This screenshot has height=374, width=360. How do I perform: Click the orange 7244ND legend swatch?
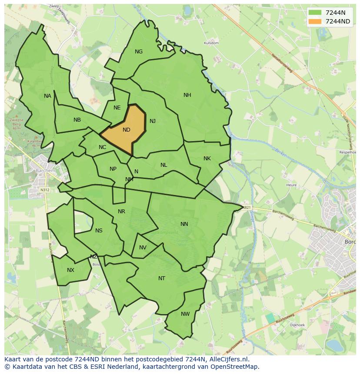pyautogui.click(x=315, y=21)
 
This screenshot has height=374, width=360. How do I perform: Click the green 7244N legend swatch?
pyautogui.click(x=315, y=13)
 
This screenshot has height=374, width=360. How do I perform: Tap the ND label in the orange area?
pyautogui.click(x=127, y=130)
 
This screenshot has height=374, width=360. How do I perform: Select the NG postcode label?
pyautogui.click(x=139, y=52)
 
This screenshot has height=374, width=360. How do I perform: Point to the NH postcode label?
pyautogui.click(x=187, y=95)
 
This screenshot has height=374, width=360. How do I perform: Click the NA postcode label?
pyautogui.click(x=47, y=96)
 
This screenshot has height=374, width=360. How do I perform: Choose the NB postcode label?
pyautogui.click(x=77, y=120)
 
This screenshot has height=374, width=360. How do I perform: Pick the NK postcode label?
pyautogui.click(x=207, y=159)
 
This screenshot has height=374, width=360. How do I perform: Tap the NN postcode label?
pyautogui.click(x=184, y=224)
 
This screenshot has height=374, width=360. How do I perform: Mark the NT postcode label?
pyautogui.click(x=162, y=278)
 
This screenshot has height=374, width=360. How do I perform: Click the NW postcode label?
pyautogui.click(x=185, y=314)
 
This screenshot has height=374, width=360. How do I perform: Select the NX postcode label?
pyautogui.click(x=70, y=270)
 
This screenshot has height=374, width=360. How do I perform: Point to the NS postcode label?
pyautogui.click(x=99, y=231)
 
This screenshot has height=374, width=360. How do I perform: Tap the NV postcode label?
pyautogui.click(x=143, y=248)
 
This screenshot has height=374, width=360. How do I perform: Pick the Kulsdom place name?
pyautogui.click(x=211, y=43)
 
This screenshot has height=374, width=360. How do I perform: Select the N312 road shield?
pyautogui.click(x=45, y=190)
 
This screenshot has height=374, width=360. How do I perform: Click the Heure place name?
pyautogui.click(x=291, y=185)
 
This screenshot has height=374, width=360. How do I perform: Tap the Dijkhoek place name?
pyautogui.click(x=297, y=324)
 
